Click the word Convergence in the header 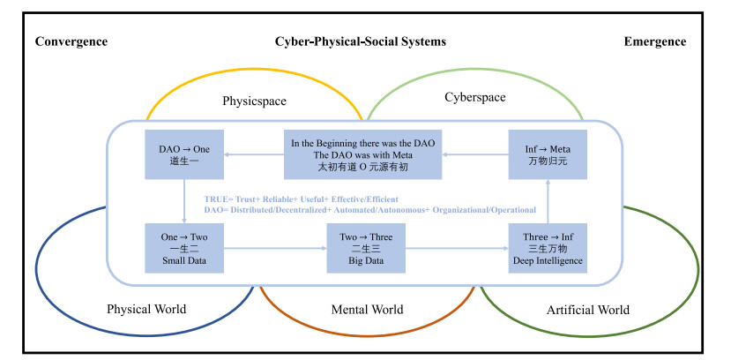pos(71,41)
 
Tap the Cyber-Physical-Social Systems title pos(361,41)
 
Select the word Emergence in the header pos(655,41)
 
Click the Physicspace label pos(254,101)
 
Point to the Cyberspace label pos(475,97)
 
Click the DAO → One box pos(184,154)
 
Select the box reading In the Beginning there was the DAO pos(363,154)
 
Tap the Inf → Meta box pos(548,154)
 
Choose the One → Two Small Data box pos(184,248)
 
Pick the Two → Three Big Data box pos(366,248)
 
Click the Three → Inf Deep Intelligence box pos(548,248)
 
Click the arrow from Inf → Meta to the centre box pos(475,154)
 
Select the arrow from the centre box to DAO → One pos(254,154)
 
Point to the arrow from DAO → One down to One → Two pos(184,201)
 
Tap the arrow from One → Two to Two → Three pos(275,248)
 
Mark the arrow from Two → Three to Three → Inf pos(457,248)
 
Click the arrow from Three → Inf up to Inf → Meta pos(548,201)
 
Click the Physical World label pos(146,309)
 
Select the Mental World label pos(368,309)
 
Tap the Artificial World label pos(588,310)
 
